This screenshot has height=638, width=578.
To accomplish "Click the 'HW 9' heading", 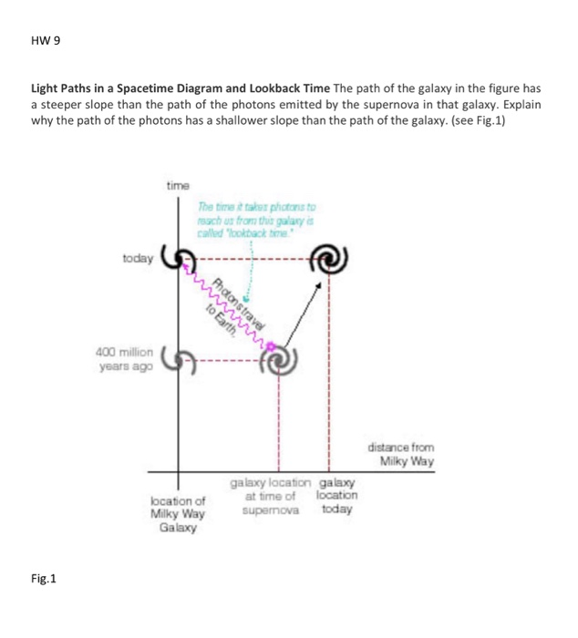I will [x=46, y=42].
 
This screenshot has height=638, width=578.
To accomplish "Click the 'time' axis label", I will [x=178, y=186].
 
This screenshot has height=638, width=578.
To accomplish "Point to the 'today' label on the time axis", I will [x=138, y=259].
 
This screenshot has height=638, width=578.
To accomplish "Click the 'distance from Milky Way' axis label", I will [x=401, y=454].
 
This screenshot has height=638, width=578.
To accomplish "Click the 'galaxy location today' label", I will [x=336, y=495].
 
